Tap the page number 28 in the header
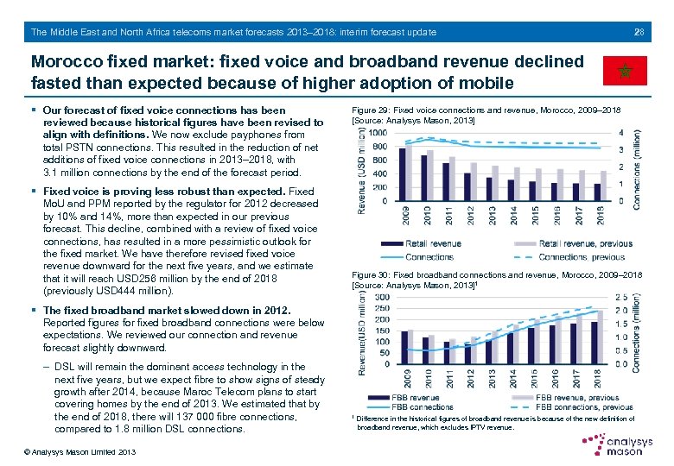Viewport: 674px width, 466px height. (x=639, y=33)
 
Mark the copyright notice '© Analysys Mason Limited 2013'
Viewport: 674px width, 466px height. (x=69, y=452)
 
